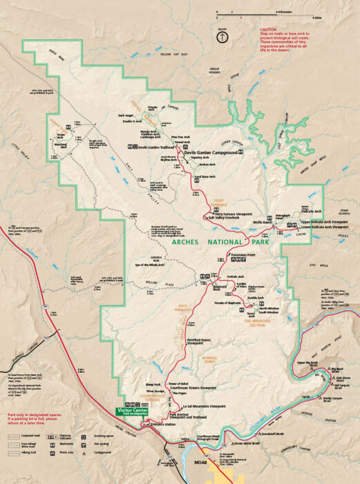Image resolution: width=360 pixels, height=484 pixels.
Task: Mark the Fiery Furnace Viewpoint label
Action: (232, 214)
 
